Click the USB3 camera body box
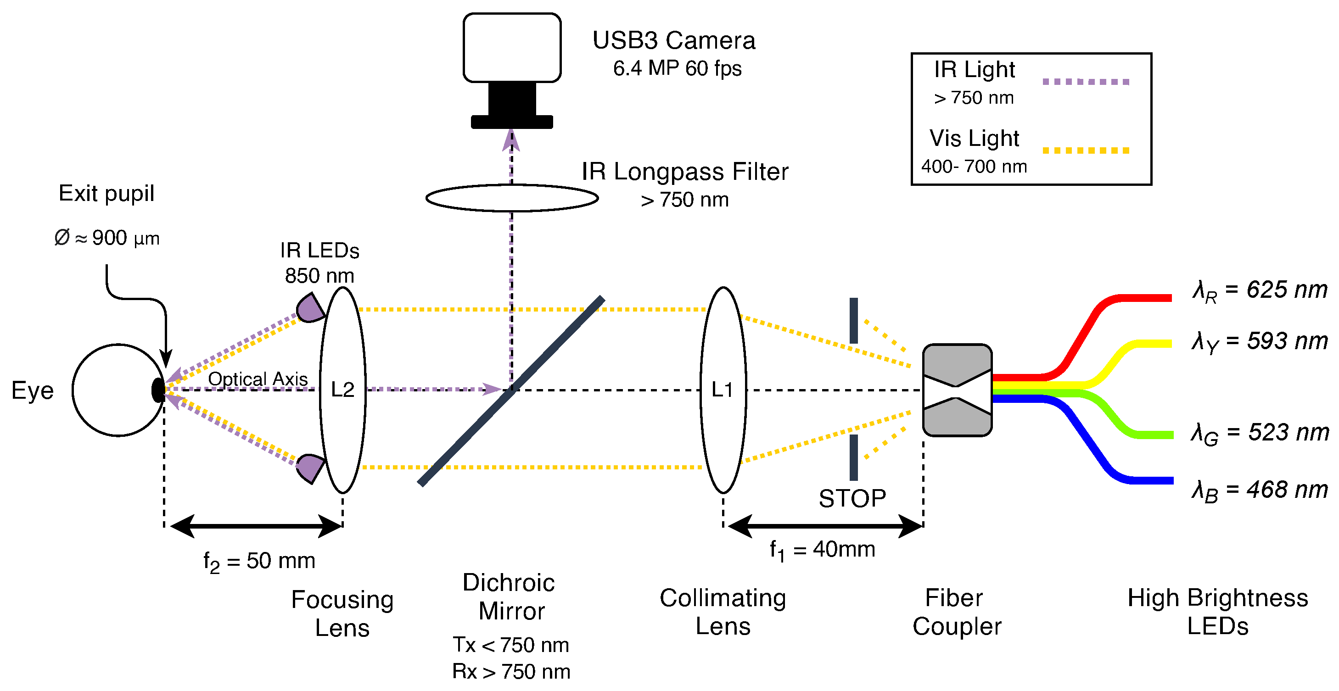(x=511, y=48)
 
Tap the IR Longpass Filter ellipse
(x=511, y=198)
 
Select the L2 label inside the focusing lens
(x=342, y=390)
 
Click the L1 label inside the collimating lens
(x=722, y=390)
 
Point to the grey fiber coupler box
(x=957, y=390)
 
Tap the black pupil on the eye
(x=158, y=390)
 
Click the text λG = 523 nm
(x=1260, y=433)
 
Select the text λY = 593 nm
(x=1260, y=342)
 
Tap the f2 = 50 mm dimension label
(x=259, y=562)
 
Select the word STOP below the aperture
(x=852, y=499)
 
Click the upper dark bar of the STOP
(x=853, y=320)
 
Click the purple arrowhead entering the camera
(x=511, y=140)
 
